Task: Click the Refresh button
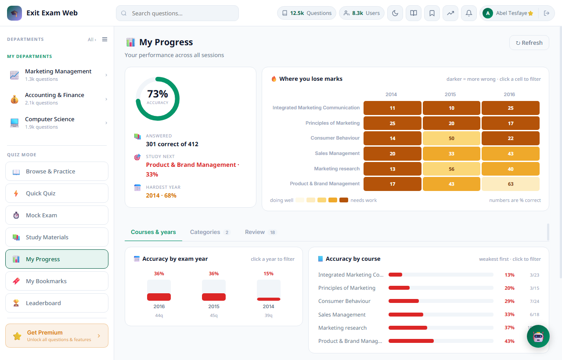tap(529, 43)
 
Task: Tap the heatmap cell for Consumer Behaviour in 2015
tap(451, 138)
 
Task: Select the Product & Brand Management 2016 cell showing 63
tap(511, 184)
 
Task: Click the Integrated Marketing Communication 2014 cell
tap(393, 108)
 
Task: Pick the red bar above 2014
tap(268, 299)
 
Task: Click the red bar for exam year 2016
tap(159, 297)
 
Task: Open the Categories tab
tap(209, 232)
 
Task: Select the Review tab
tap(260, 232)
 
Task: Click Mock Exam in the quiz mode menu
tap(57, 215)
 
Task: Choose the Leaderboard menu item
tap(57, 303)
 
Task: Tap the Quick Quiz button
tap(57, 193)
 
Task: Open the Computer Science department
tap(57, 122)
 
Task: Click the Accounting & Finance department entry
tap(57, 99)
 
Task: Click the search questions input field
tap(177, 13)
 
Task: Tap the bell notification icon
tap(468, 13)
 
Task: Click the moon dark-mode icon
tap(395, 13)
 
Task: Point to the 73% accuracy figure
tap(157, 94)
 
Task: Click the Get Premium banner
tap(57, 336)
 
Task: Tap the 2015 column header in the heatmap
tap(450, 94)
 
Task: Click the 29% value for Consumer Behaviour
tap(509, 301)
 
